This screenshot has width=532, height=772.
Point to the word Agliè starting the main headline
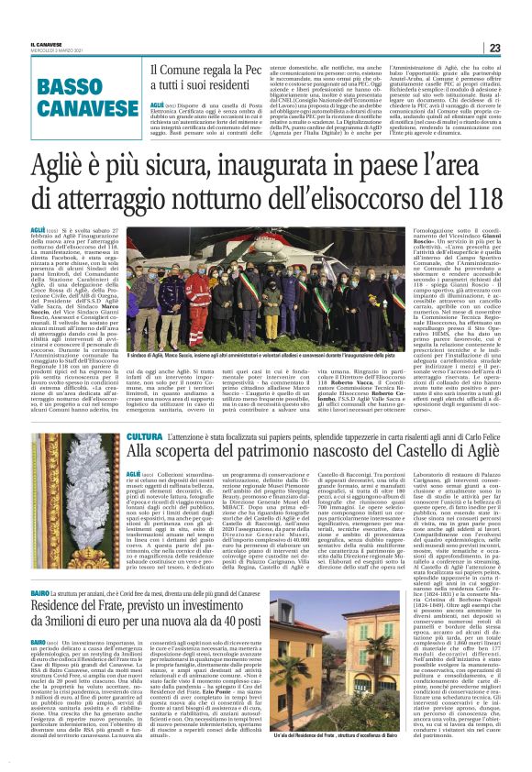(62, 167)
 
